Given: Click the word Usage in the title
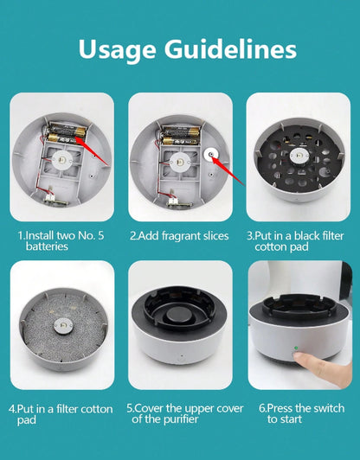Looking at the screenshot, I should pos(120,48).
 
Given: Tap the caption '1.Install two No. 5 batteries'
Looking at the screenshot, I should pos(59,240).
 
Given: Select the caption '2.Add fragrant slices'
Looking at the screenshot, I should pos(179,235).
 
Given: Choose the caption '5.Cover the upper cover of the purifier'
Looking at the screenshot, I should pos(179,412).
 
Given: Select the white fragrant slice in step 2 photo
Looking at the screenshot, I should pos(215,157).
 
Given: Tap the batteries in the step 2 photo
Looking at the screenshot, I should pos(179,134).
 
